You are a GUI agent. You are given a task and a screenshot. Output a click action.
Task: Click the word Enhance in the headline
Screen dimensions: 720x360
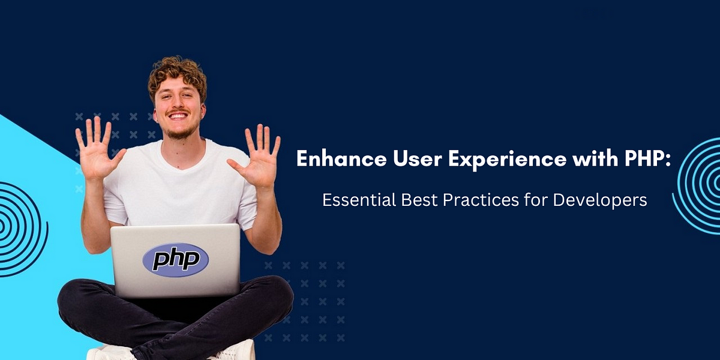click(341, 158)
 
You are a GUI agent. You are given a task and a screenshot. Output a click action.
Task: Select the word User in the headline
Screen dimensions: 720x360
click(417, 158)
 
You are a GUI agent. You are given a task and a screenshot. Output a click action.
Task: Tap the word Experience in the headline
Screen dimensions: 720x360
click(507, 160)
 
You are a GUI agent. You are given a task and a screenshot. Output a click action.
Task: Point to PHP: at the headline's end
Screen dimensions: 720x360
click(648, 158)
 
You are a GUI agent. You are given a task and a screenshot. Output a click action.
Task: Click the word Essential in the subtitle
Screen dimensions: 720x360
click(359, 200)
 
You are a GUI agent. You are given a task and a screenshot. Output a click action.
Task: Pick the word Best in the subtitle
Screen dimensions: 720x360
click(419, 200)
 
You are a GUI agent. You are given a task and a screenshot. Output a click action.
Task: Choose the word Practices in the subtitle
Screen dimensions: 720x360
click(481, 200)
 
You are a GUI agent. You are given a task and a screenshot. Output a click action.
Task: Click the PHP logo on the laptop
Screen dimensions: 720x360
click(175, 260)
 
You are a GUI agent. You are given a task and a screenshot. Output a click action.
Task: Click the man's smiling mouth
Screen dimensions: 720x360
click(178, 115)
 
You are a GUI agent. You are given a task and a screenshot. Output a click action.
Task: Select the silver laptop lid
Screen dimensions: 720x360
click(175, 260)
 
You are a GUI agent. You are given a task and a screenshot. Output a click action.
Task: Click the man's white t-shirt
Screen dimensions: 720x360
click(180, 187)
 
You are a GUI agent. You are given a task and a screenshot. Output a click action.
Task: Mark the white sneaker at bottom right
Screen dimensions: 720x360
click(236, 351)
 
